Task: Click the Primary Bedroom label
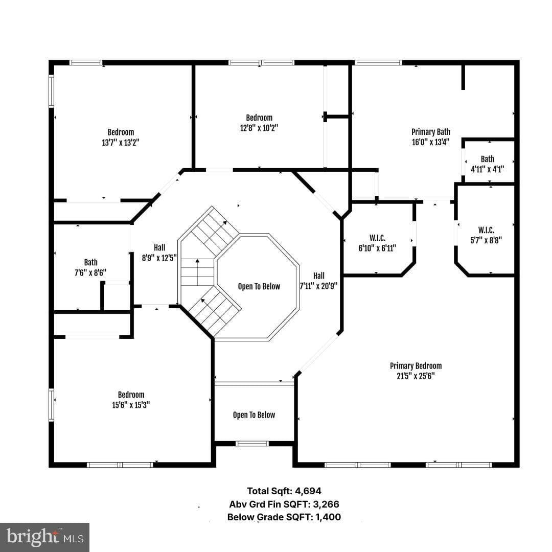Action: point(416,366)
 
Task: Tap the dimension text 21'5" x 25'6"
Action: point(416,376)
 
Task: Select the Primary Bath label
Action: point(431,132)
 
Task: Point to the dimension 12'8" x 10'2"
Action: point(259,128)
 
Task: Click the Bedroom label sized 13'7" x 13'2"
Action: point(121,132)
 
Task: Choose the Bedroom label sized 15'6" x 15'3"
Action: point(131,395)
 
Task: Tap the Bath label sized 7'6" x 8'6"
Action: point(91,262)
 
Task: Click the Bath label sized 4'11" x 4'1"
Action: point(488,159)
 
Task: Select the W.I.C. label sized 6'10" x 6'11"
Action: point(377,238)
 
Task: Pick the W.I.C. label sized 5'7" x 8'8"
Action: point(486,230)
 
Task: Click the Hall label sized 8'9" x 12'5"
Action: point(159,247)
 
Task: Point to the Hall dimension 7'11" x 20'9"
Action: point(318,286)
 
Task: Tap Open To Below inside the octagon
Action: point(259,287)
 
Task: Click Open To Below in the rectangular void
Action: point(254,415)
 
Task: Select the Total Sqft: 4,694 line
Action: point(284,491)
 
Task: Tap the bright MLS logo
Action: point(44,537)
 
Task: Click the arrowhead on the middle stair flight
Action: point(197,261)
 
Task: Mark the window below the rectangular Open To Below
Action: point(252,444)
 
